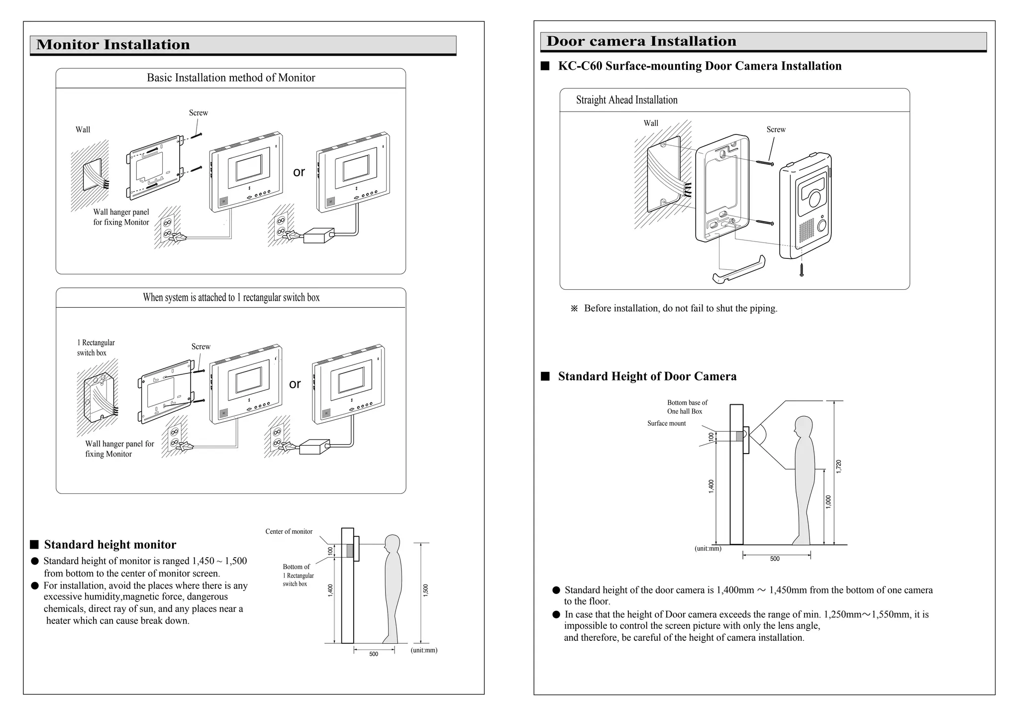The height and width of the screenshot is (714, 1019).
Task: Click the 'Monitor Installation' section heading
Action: click(x=113, y=45)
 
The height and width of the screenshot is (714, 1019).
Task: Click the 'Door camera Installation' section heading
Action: click(x=641, y=41)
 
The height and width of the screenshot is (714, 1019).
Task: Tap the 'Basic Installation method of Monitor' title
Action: click(x=231, y=78)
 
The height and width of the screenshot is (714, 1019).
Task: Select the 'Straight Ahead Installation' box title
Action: click(x=626, y=100)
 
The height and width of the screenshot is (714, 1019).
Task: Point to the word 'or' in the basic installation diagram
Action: click(x=299, y=172)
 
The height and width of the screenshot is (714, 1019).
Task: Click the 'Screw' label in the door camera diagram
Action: click(x=776, y=129)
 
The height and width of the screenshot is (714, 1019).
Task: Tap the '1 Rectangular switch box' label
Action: click(x=96, y=348)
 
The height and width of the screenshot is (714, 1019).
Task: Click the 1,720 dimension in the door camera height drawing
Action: click(x=839, y=467)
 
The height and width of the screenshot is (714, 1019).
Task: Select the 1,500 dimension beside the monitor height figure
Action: click(x=425, y=590)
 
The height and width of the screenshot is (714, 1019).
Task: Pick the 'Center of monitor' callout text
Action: click(x=289, y=531)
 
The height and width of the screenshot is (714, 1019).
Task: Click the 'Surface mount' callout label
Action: click(x=666, y=423)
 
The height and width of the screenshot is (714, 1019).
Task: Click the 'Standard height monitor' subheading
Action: click(x=110, y=545)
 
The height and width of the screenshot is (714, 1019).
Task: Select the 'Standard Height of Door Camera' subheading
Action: click(x=647, y=376)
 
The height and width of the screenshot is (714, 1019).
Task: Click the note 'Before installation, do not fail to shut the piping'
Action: click(x=680, y=308)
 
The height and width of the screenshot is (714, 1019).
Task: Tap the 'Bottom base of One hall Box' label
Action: click(x=687, y=407)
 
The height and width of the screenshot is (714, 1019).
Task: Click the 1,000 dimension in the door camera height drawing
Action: click(x=828, y=502)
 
